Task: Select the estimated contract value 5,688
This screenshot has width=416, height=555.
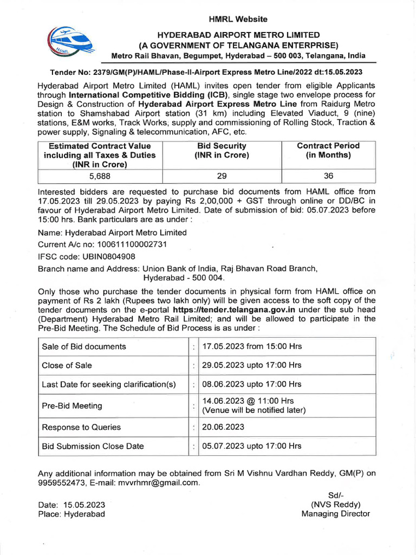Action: click(100, 176)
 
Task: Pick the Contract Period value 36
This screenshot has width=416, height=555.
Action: click(328, 176)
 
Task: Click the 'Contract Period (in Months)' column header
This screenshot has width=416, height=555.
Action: click(328, 150)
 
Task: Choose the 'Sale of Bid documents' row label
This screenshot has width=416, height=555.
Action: click(84, 346)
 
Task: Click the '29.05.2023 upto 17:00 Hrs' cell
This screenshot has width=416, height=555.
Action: click(252, 365)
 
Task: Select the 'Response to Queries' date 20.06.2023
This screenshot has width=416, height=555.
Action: click(223, 427)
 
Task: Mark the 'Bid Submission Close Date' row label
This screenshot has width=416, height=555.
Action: click(93, 446)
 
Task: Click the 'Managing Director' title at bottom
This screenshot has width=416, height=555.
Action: click(336, 514)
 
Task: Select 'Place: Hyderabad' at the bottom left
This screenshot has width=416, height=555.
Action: click(71, 514)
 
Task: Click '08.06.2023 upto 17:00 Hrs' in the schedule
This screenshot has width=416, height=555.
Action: click(252, 384)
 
